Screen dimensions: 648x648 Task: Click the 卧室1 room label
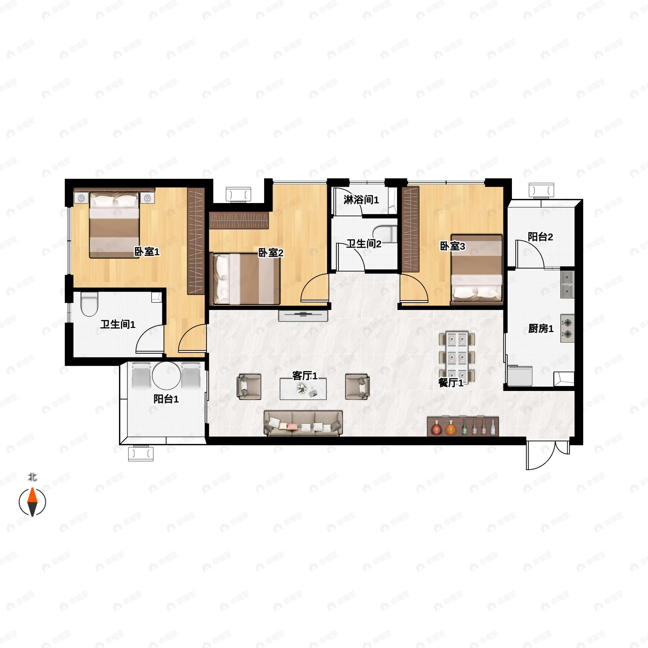pyautogui.click(x=147, y=252)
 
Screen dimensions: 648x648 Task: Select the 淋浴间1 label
pyautogui.click(x=361, y=200)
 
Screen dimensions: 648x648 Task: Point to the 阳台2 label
pyautogui.click(x=540, y=237)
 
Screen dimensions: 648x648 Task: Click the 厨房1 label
pyautogui.click(x=541, y=329)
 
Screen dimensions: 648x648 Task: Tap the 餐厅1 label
pyautogui.click(x=451, y=383)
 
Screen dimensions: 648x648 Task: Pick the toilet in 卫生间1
pyautogui.click(x=89, y=304)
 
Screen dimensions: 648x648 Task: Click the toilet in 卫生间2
pyautogui.click(x=385, y=234)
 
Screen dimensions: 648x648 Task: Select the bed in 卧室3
pyautogui.click(x=476, y=270)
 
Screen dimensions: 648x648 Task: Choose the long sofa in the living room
pyautogui.click(x=303, y=423)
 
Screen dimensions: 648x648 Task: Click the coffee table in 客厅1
pyautogui.click(x=303, y=389)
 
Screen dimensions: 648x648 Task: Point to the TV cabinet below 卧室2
pyautogui.click(x=303, y=316)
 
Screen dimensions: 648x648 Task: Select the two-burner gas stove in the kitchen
pyautogui.click(x=567, y=328)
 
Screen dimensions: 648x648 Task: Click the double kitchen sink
pyautogui.click(x=568, y=284)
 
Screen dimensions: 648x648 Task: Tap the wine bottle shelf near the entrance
pyautogui.click(x=463, y=427)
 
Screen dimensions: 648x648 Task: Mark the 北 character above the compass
pyautogui.click(x=32, y=477)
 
